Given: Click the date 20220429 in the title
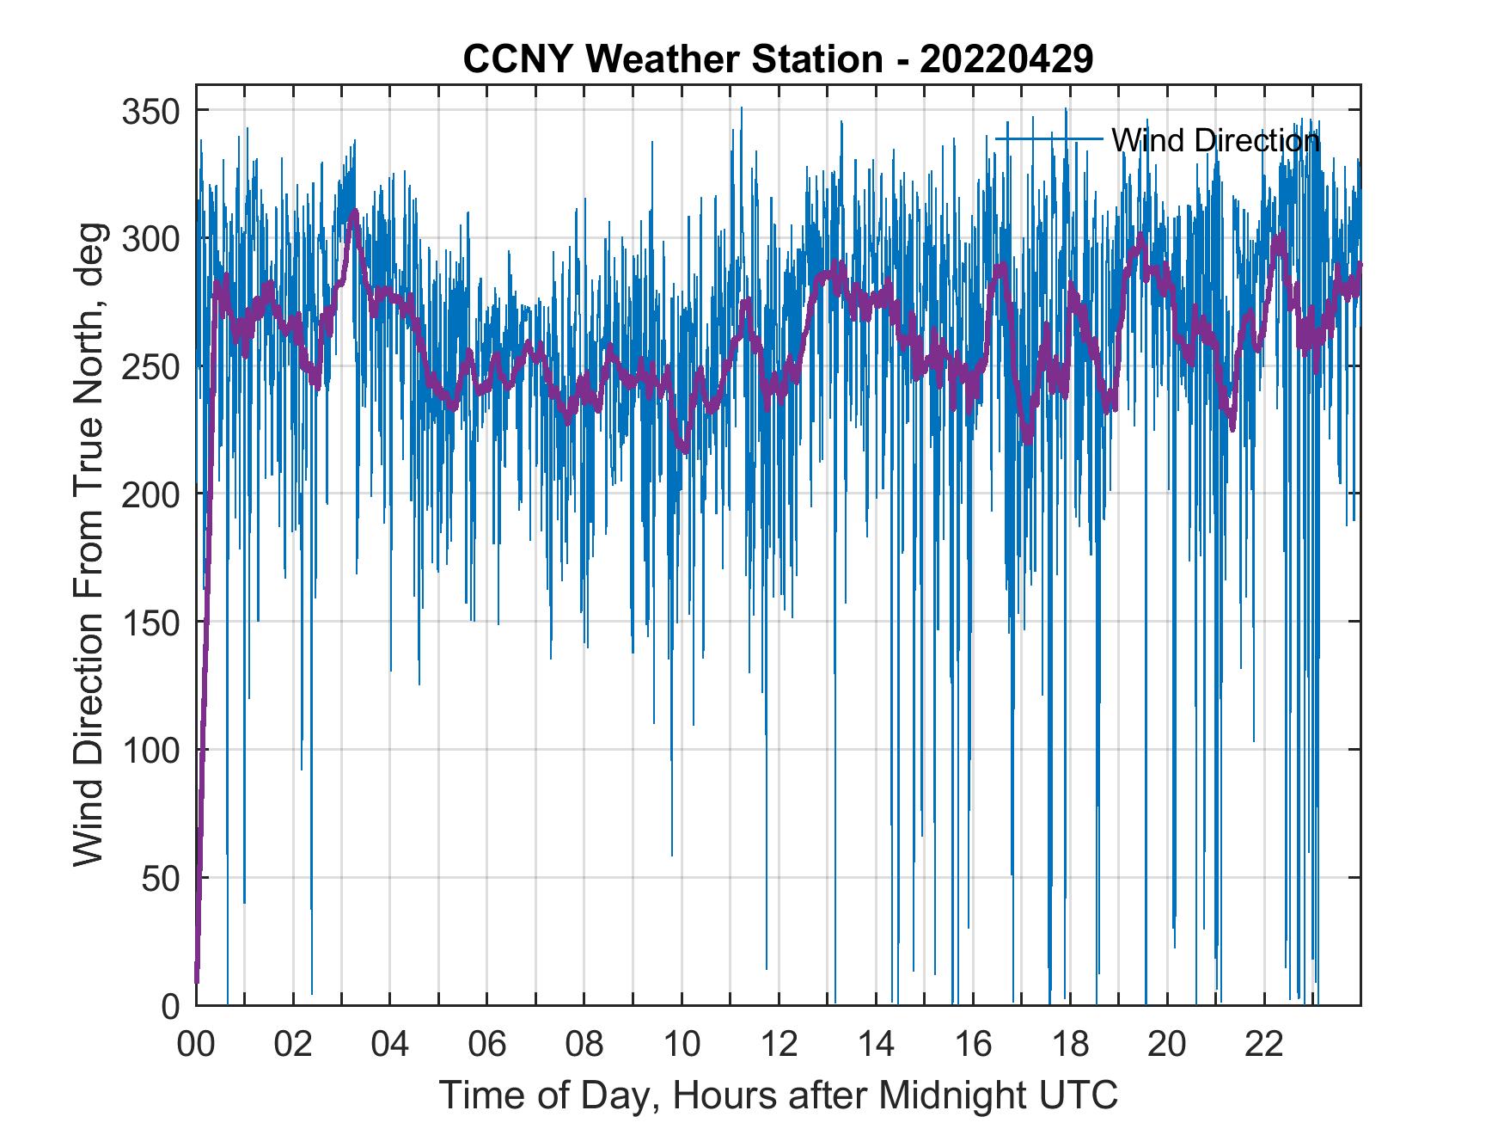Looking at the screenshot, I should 1006,58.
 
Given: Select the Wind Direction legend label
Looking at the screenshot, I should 1215,139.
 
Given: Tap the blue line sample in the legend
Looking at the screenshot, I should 1049,138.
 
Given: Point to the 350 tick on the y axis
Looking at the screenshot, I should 151,111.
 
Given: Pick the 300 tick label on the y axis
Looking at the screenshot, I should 151,238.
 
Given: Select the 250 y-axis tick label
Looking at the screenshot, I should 151,366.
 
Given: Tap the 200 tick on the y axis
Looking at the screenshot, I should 151,494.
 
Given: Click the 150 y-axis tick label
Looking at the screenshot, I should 151,622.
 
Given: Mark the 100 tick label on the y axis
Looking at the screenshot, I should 151,750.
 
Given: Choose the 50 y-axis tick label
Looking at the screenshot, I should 161,878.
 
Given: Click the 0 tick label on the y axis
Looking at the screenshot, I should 170,1005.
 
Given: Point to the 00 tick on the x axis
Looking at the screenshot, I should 196,1046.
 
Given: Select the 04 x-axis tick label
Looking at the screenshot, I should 390,1046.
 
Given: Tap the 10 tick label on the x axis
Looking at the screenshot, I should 682,1046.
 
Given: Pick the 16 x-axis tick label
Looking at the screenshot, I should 973,1046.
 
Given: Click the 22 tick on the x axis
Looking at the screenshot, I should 1264,1046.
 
